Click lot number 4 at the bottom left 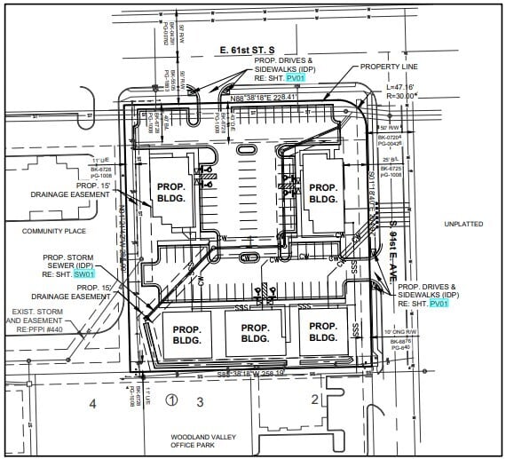point(91,404)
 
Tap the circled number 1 point(173,400)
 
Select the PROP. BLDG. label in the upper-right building point(323,194)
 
